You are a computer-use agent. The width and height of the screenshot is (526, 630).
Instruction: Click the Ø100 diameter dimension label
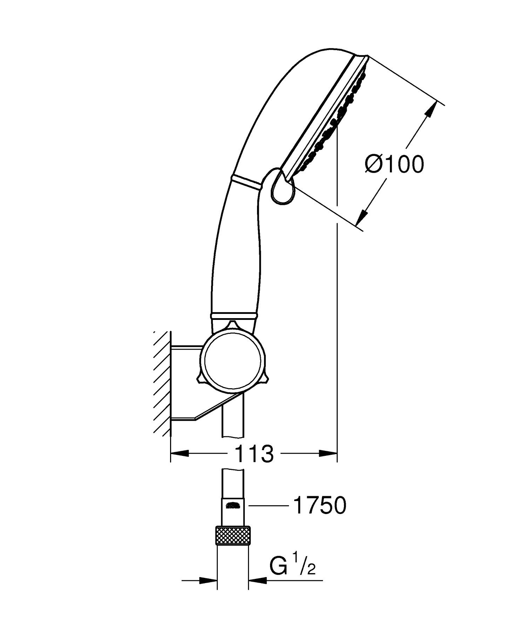394,164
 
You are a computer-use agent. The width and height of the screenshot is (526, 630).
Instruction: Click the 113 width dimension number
254,453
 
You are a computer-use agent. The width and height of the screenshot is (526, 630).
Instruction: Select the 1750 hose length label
319,506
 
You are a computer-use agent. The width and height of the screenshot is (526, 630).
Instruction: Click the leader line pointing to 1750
268,505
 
